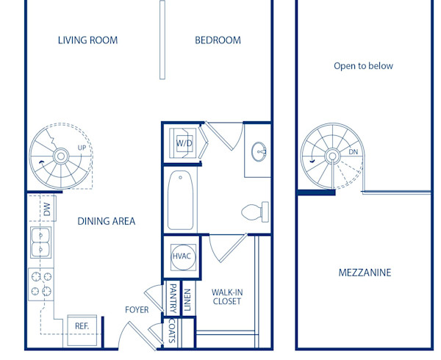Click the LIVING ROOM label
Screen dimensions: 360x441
[x=87, y=40]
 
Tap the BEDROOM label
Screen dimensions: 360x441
[x=218, y=40]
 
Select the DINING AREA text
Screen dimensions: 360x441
[x=107, y=221]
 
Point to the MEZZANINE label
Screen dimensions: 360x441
[x=365, y=273]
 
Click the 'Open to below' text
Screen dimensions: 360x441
[x=363, y=66]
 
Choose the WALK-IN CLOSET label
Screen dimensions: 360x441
[x=227, y=297]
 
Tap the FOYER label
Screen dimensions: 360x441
[x=137, y=310]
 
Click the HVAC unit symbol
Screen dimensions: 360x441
[x=181, y=256]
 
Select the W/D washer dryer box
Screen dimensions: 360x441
[x=183, y=143]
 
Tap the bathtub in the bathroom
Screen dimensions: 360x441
[x=181, y=201]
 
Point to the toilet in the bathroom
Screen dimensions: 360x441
[x=254, y=212]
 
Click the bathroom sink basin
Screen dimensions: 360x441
[x=259, y=153]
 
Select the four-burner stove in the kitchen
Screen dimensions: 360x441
[x=40, y=284]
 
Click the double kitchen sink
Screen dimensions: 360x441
[x=40, y=243]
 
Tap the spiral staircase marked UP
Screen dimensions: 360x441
[x=62, y=158]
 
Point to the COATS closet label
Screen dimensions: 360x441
[x=172, y=333]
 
